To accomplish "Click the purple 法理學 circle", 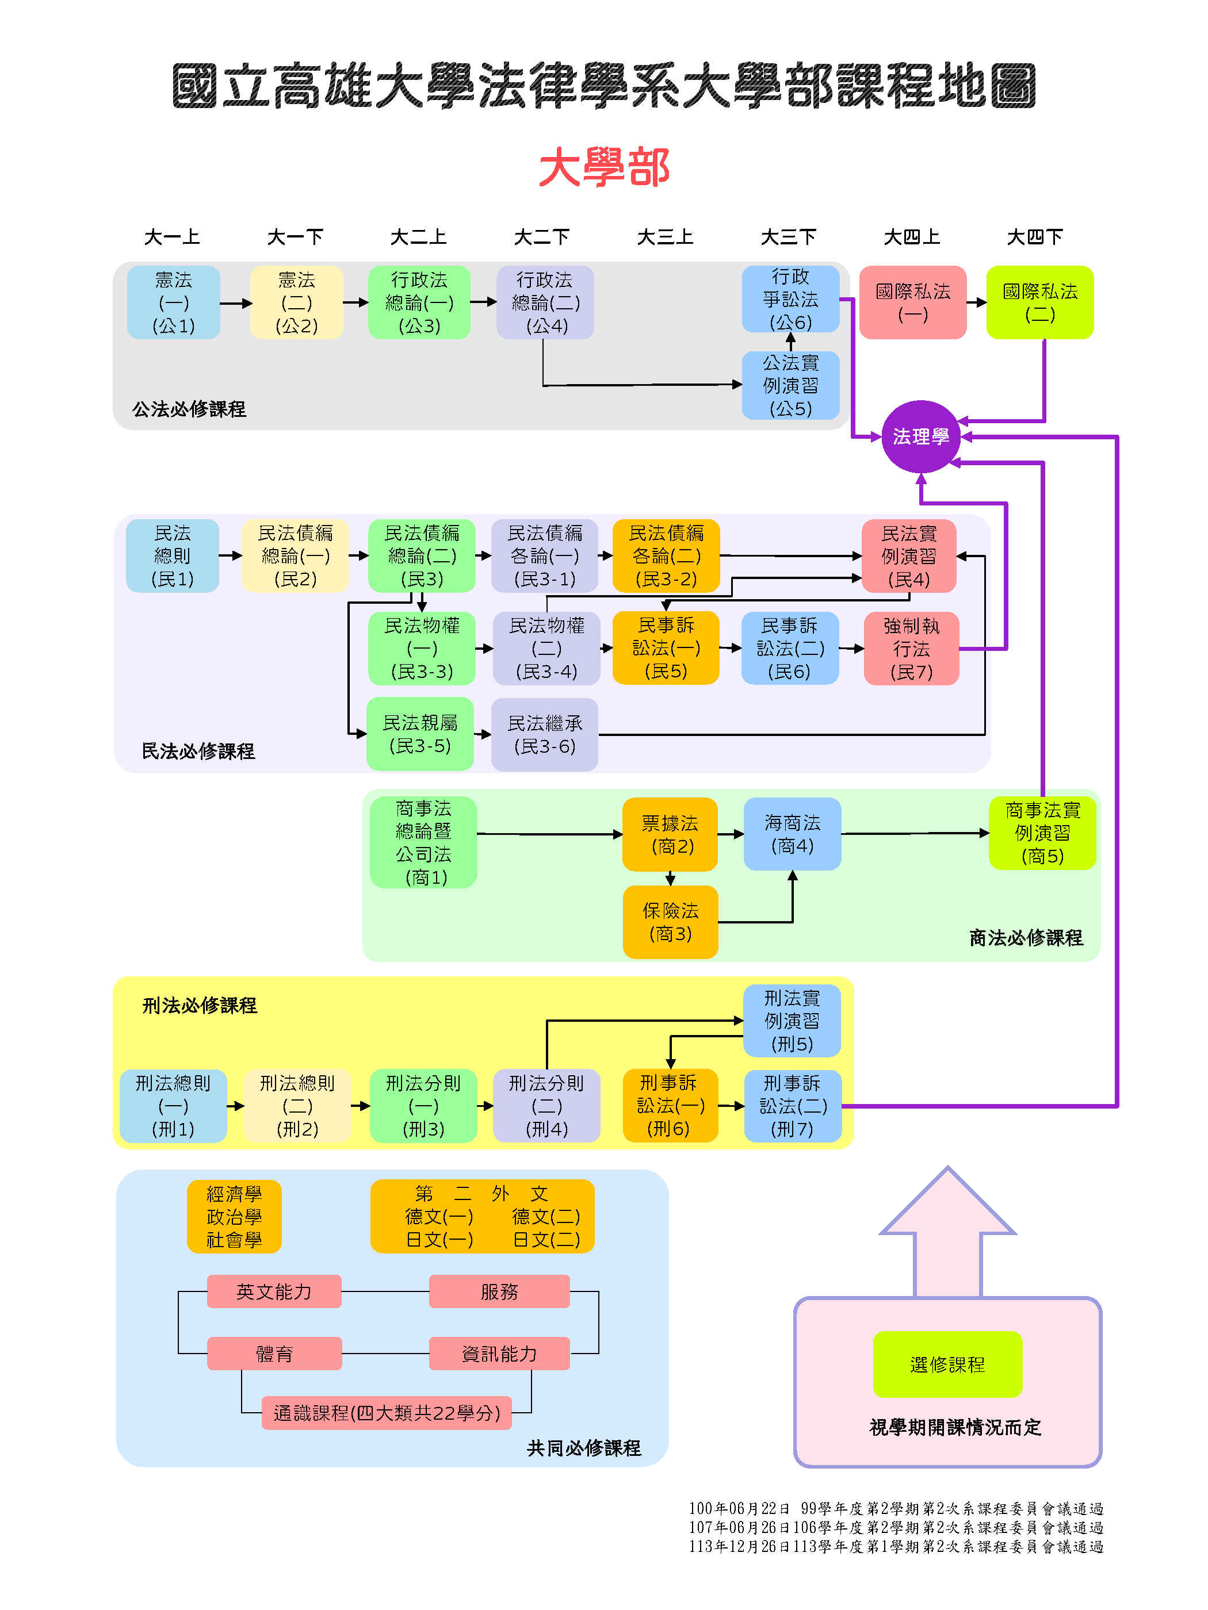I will (920, 436).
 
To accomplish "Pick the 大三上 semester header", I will (665, 236).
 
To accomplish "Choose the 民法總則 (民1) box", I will (173, 555).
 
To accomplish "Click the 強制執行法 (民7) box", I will (911, 648).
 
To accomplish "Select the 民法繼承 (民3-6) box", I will (545, 734).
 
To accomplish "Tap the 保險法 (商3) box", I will (670, 922).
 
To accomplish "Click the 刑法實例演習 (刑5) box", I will (792, 1021).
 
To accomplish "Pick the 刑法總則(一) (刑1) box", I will (173, 1106).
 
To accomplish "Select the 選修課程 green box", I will (947, 1364).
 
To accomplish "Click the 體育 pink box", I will (274, 1353).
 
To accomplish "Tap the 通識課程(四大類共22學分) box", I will (386, 1413).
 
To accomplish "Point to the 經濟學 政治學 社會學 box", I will (234, 1216).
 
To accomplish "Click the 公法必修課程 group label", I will (189, 409).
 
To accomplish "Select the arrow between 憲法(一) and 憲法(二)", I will (235, 303).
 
